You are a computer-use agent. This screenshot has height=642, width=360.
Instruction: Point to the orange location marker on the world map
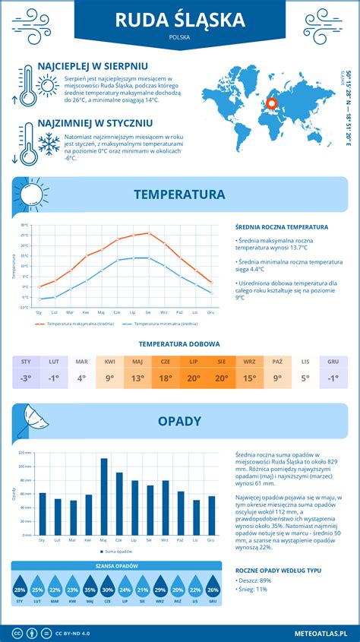point(273,103)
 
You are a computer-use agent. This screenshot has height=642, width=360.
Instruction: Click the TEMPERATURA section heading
point(179,194)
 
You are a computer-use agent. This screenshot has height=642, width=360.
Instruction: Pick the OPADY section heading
point(179,420)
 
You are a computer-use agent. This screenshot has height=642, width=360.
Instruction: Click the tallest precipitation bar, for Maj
point(104,498)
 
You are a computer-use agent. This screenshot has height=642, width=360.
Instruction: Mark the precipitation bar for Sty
point(43,515)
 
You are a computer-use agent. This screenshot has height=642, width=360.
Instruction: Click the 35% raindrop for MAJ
point(90,589)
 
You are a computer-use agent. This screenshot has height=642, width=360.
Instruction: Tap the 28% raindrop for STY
point(20,589)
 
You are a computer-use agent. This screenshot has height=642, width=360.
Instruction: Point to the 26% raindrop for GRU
point(213,589)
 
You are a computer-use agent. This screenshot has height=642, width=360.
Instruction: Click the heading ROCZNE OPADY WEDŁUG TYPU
point(278,570)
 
